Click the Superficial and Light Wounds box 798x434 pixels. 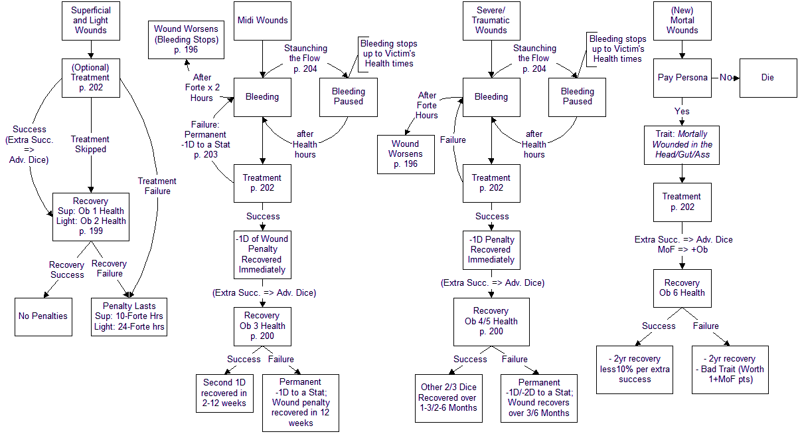click(90, 20)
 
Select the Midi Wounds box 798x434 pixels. click(262, 20)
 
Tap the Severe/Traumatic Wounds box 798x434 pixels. click(491, 20)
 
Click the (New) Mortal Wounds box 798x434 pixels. click(682, 20)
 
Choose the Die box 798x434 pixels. click(767, 78)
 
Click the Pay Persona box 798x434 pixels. click(682, 78)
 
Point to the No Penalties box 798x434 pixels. click(43, 316)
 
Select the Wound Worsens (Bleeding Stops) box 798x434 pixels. click(186, 39)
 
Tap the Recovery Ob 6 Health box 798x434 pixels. click(682, 288)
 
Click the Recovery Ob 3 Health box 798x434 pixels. click(262, 326)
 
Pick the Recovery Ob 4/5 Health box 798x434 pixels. click(491, 321)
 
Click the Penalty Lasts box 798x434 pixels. click(128, 316)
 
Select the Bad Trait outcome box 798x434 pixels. click(730, 370)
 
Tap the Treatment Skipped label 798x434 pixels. click(90, 144)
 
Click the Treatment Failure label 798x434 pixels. click(157, 186)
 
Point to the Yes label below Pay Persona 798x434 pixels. click(682, 111)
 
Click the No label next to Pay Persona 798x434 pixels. click(726, 78)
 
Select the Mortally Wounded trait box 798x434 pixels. click(682, 144)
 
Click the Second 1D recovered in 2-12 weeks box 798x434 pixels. click(224, 393)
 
